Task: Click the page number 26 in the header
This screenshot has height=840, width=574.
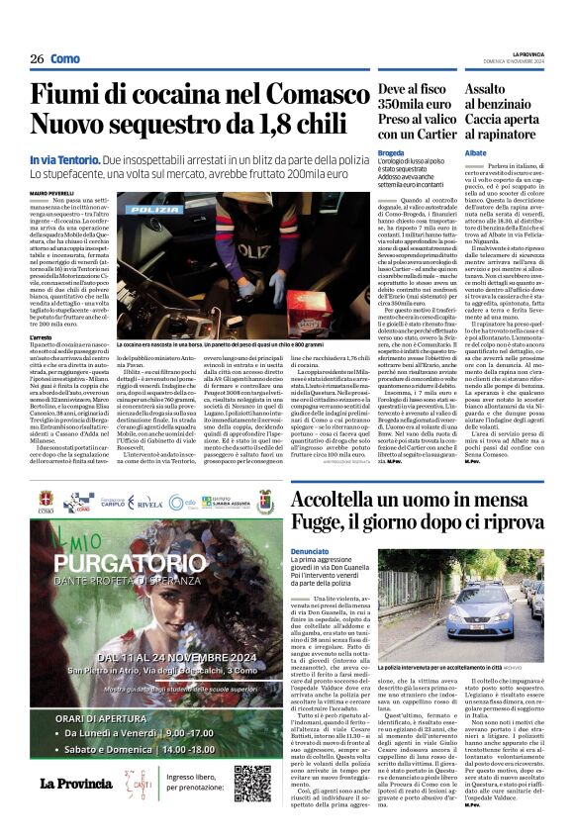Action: click(37, 58)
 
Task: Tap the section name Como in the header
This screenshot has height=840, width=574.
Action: click(65, 58)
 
